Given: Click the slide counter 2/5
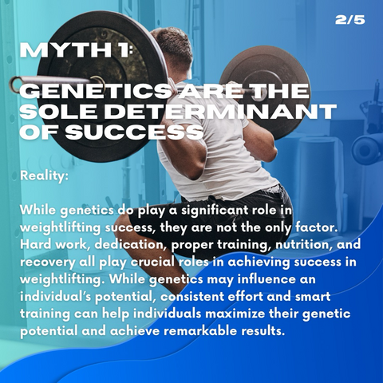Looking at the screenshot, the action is point(350,20).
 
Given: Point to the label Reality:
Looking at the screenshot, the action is point(44,176).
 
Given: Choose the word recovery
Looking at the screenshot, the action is point(48,263).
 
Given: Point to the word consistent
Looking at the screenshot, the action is point(192,297).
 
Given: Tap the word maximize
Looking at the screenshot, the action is point(235,314).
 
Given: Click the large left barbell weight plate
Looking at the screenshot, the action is point(101,85).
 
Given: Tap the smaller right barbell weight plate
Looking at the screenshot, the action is point(266,93).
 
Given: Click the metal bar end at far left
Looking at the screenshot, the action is point(15,82).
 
